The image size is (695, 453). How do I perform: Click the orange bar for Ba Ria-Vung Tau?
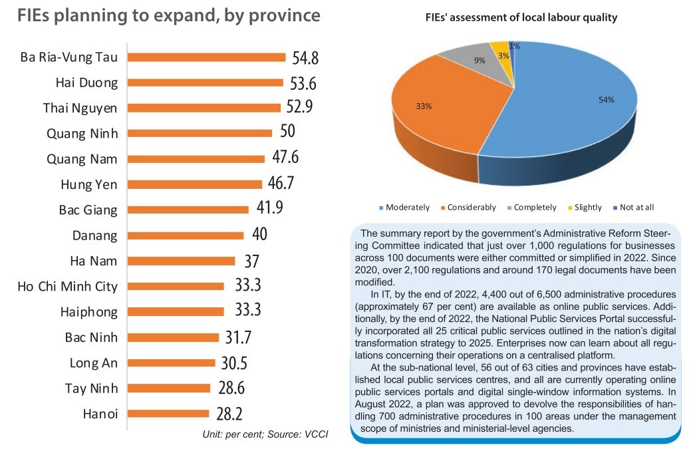click(x=206, y=57)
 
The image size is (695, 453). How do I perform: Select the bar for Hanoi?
click(x=169, y=414)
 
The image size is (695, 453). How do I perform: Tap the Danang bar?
click(x=186, y=235)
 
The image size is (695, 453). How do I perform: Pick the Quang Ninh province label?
click(x=82, y=134)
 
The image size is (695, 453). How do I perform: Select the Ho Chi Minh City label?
click(x=68, y=287)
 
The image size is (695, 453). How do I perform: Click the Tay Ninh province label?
click(x=91, y=388)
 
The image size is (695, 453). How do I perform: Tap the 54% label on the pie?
click(x=606, y=100)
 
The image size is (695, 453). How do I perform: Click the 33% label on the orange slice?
click(x=424, y=106)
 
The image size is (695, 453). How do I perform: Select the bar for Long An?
click(x=172, y=363)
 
